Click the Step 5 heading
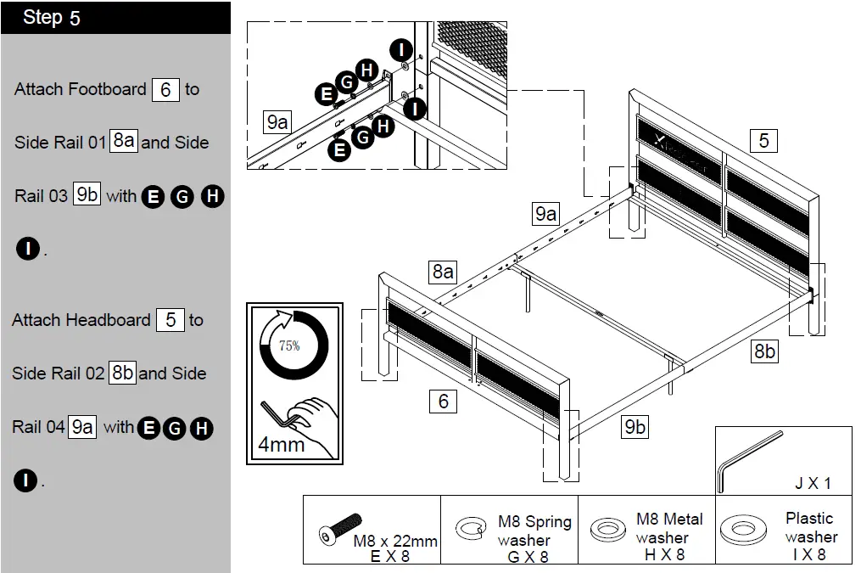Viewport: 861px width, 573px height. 52,18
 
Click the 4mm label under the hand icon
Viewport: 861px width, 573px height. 281,445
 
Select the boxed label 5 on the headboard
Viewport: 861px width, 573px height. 763,140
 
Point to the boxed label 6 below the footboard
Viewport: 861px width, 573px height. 443,401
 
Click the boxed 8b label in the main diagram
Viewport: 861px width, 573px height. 764,351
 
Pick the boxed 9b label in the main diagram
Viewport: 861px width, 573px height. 635,428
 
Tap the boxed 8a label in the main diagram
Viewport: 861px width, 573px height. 443,272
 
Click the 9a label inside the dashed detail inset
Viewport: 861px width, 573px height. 277,122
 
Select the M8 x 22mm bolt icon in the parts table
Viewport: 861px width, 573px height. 338,528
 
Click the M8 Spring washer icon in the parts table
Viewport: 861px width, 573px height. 470,530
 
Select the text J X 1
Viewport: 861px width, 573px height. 812,484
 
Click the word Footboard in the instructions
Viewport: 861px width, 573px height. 107,89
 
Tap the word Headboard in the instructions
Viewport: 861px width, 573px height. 108,320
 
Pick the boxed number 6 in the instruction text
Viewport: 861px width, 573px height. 165,89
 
